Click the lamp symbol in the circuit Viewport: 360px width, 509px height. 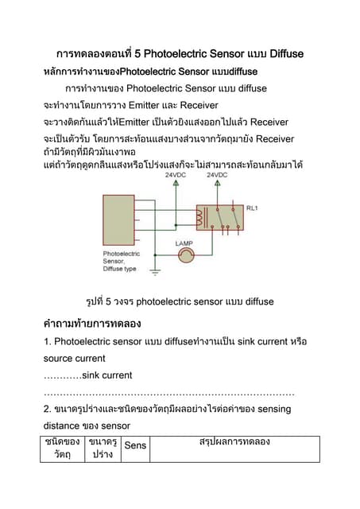coord(185,255)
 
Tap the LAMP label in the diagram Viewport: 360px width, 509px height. coord(184,243)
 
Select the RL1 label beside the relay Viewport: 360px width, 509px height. coord(253,208)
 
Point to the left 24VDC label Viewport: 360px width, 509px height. coord(176,173)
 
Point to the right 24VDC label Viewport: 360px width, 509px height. coord(217,173)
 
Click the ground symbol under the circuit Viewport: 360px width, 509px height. coord(155,272)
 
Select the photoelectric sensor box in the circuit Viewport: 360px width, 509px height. coord(119,222)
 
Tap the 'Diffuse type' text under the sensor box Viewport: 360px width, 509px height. coord(119,269)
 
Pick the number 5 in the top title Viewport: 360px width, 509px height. coord(138,53)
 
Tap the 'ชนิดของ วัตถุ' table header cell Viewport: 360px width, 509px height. coord(62,448)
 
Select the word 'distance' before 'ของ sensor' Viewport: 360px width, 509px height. coord(64,425)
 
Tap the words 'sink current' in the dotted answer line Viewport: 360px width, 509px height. coord(106,375)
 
